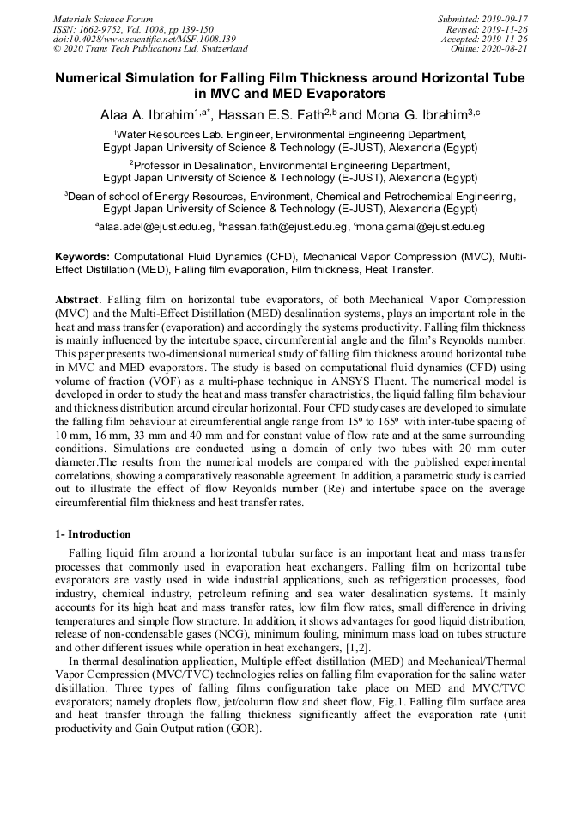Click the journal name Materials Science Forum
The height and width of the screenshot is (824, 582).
(x=103, y=19)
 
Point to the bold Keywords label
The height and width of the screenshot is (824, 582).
(x=82, y=257)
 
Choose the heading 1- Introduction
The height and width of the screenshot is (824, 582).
(x=93, y=534)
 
